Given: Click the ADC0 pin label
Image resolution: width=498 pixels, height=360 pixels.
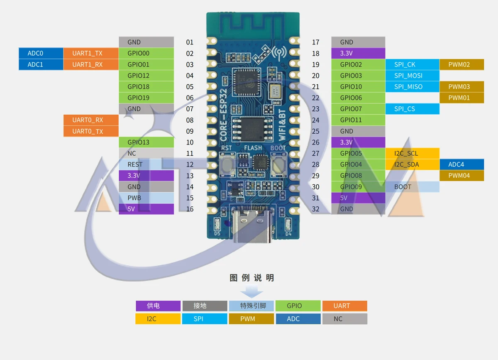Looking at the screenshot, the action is point(41,53).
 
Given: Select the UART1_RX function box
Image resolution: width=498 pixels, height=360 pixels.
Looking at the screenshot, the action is point(91,64).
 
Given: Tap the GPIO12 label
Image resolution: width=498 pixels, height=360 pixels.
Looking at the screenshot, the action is point(146,76).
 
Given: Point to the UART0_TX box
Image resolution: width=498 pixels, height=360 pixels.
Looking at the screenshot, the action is point(91,131).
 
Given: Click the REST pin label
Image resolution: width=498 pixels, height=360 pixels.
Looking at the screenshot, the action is point(146,164).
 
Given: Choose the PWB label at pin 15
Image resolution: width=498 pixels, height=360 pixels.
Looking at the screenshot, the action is point(146,198).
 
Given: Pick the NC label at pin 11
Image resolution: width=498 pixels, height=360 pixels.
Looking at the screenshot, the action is point(146,153).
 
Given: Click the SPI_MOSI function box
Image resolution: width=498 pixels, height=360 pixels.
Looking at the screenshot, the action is point(413,76).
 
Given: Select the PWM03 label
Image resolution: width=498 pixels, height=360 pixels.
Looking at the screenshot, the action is point(462,86).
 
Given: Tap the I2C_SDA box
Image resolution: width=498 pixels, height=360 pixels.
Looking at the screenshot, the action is point(413,164).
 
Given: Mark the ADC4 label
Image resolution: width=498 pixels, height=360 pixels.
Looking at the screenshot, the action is point(462,164).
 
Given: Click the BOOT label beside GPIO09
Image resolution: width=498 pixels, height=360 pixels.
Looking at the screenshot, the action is point(413,187).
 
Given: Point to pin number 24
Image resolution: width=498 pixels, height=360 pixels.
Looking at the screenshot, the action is point(315,120).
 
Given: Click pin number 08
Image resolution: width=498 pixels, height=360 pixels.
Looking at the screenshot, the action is point(190,120).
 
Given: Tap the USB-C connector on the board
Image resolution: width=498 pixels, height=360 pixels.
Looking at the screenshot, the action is point(253,224).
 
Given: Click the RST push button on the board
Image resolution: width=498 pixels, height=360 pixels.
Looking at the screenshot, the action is point(227,165).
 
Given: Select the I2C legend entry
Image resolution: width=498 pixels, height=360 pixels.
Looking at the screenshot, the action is point(158,318).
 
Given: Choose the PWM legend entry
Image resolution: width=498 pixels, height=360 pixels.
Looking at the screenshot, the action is point(251,318).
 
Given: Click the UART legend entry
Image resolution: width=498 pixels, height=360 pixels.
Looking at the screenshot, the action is point(345,306).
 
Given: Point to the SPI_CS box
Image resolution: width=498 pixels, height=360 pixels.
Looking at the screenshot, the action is point(413,109).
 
